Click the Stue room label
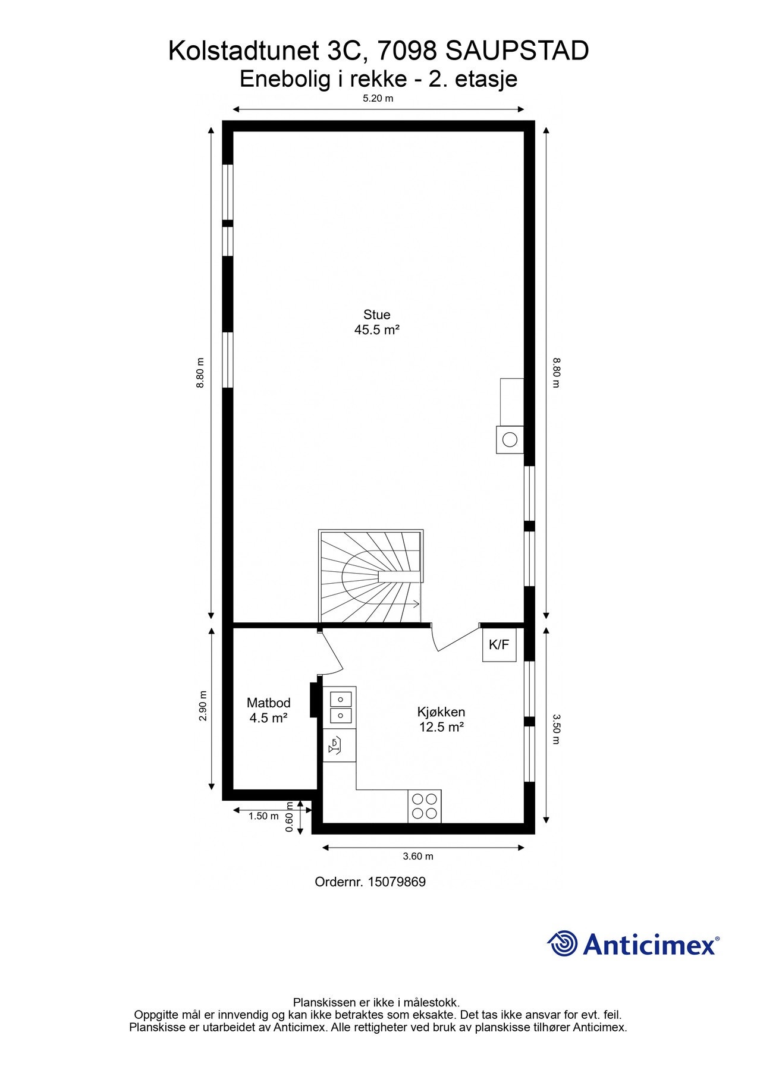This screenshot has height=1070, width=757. tap(376, 314)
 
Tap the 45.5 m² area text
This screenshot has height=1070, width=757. tap(376, 330)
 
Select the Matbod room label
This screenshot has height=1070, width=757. tap(268, 703)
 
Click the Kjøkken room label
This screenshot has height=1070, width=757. tap(441, 712)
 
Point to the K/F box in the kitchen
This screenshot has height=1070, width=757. tap(498, 644)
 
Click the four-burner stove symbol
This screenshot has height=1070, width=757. tap(425, 806)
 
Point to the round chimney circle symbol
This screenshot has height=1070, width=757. tap(510, 440)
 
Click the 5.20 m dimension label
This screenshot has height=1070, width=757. tap(378, 99)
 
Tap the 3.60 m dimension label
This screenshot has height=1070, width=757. tap(418, 856)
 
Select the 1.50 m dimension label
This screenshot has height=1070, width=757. tap(263, 816)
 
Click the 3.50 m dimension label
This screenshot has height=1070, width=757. tap(556, 729)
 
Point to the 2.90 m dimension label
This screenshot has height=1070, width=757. tap(203, 706)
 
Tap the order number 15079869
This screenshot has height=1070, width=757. tap(397, 882)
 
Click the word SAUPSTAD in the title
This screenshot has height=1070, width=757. tap(517, 51)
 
